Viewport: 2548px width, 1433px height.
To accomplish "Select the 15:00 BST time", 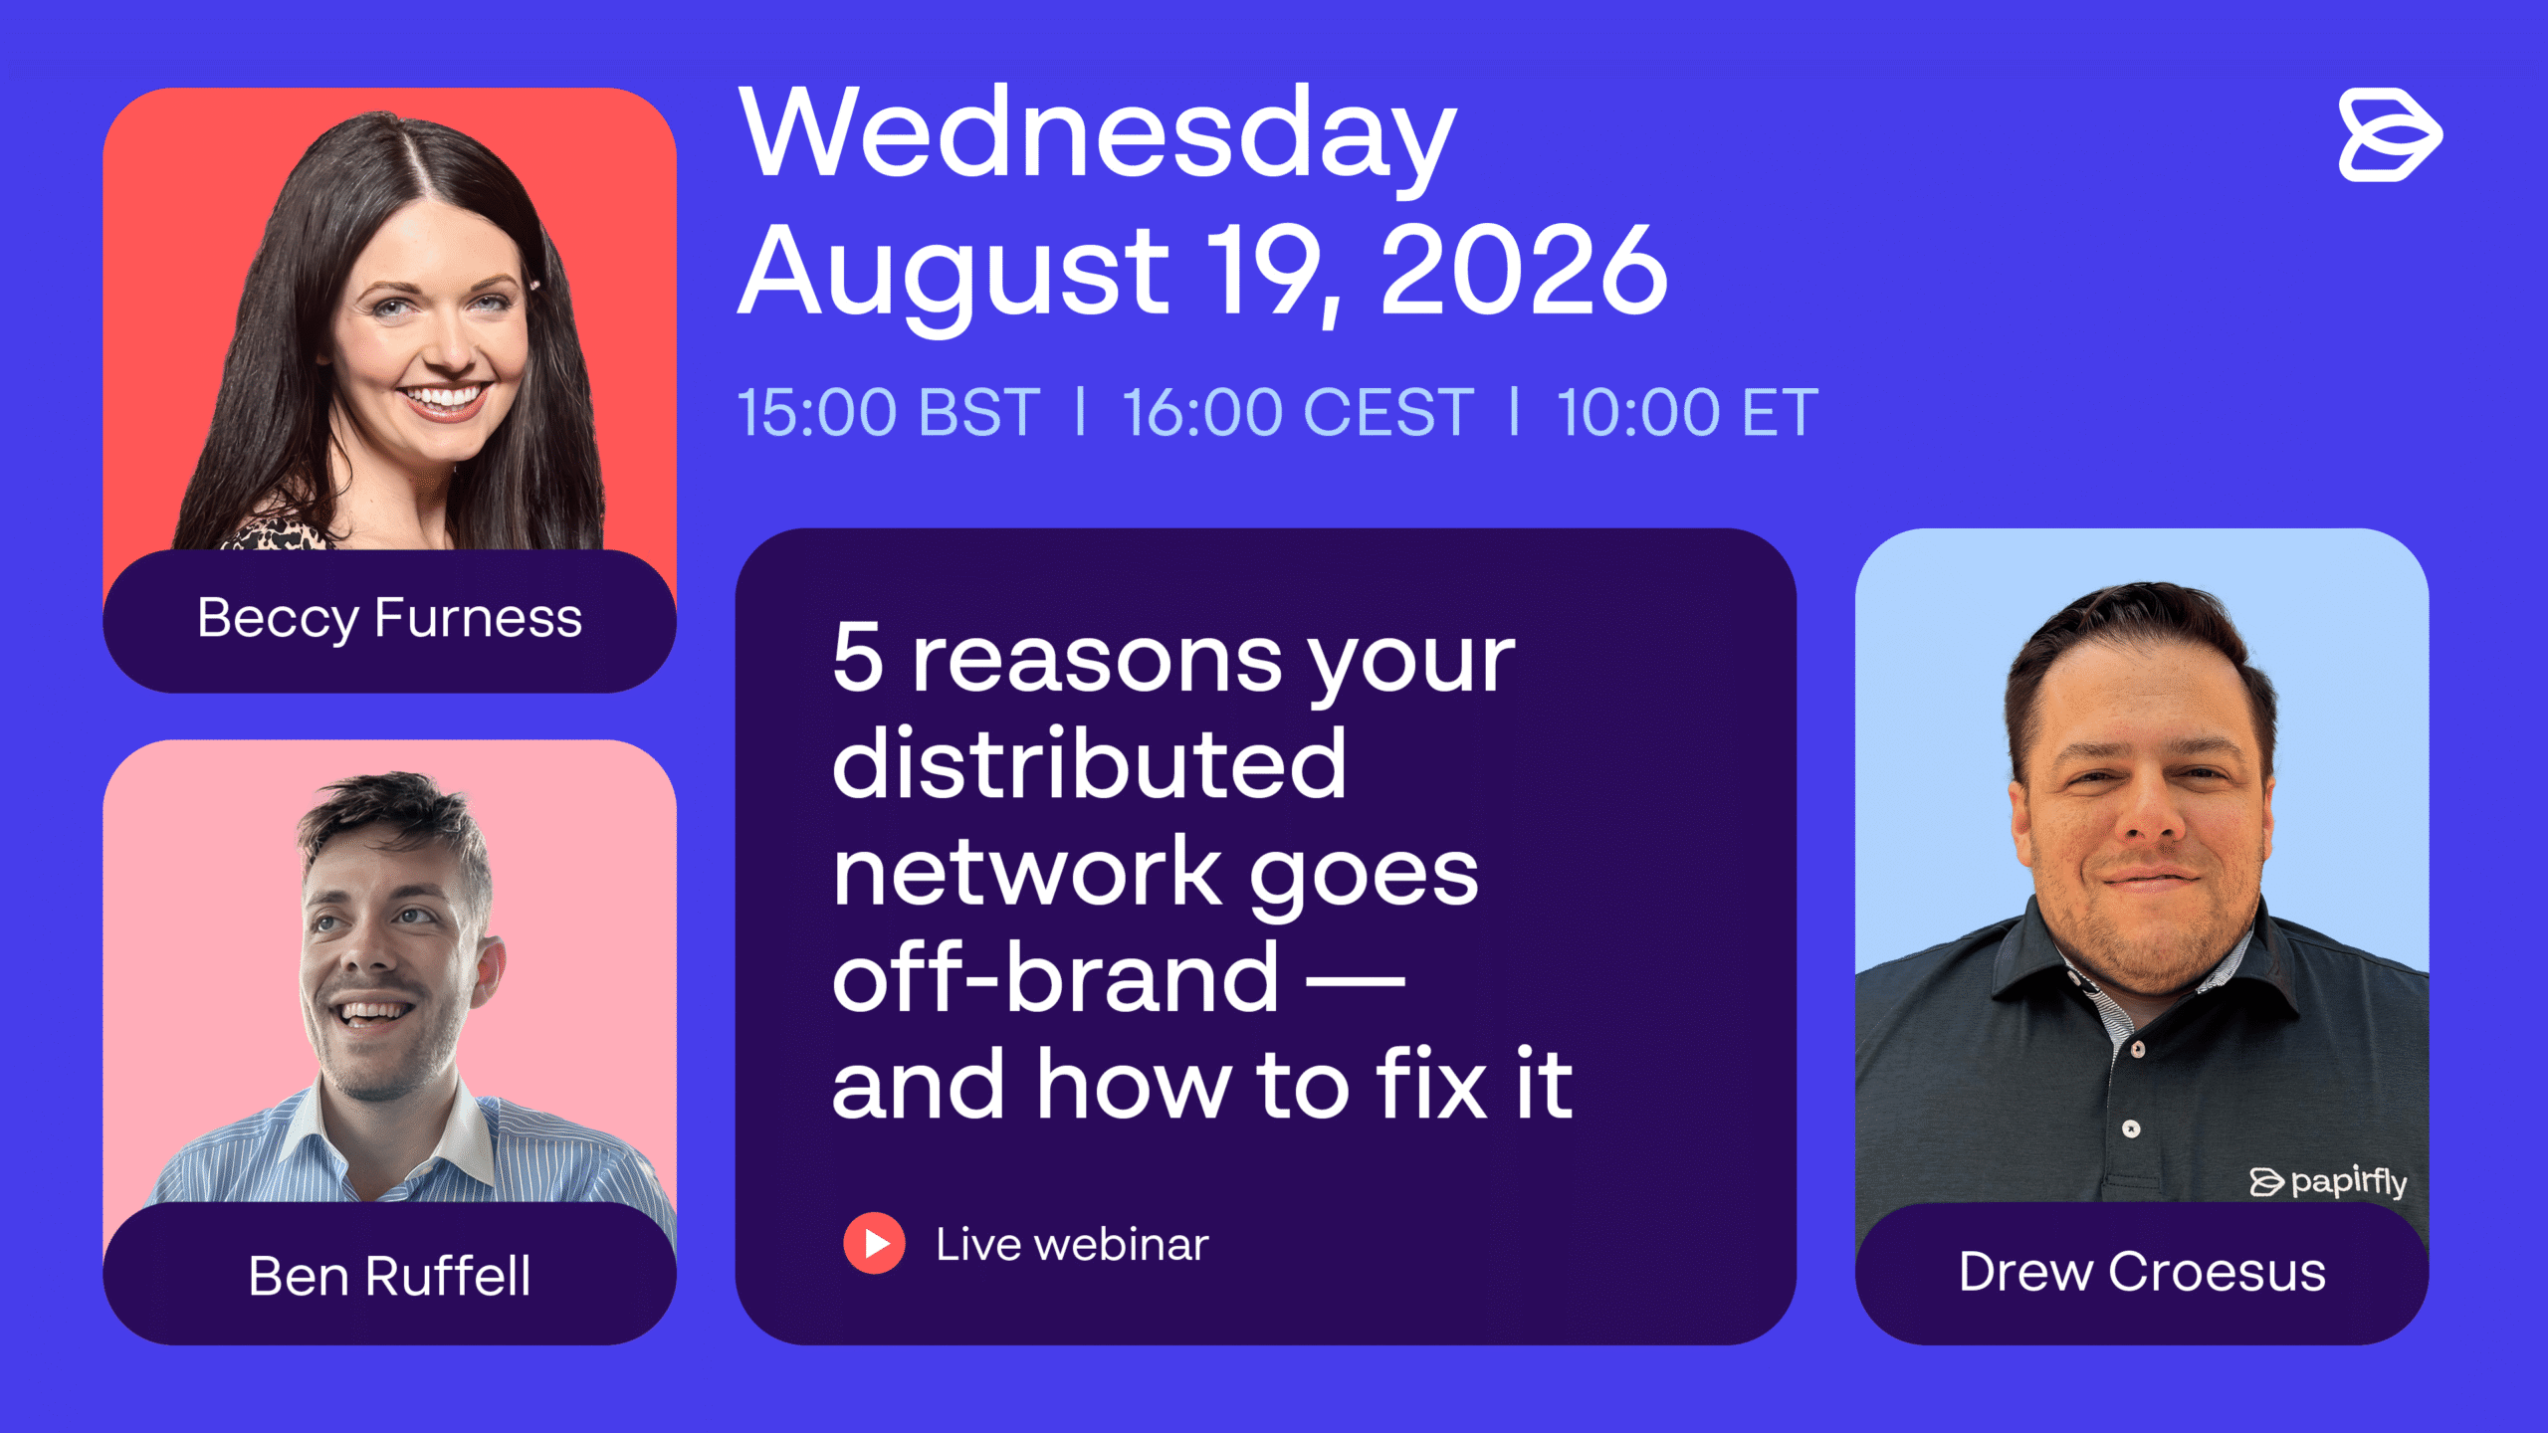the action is pos(889,412).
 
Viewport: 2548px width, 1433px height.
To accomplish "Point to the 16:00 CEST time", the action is pos(1298,412).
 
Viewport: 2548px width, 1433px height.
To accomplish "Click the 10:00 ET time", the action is pos(1688,412).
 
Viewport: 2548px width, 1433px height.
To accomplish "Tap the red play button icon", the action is pos(874,1243).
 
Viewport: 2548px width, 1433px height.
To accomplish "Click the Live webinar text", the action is pos(1072,1244).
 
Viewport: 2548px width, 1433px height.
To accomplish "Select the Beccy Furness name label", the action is pos(389,619).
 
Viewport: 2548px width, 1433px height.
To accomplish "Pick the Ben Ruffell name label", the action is pos(389,1275).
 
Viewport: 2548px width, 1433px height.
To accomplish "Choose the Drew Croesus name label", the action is pos(2142,1272).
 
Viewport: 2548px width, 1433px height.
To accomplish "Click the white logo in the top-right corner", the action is pos(2390,135).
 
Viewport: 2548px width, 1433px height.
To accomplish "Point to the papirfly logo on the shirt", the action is pos(2328,1181).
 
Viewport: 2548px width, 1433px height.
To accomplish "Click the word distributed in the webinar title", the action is pos(1090,763).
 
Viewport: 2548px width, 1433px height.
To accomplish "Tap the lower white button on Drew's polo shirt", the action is pos(2131,1128).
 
